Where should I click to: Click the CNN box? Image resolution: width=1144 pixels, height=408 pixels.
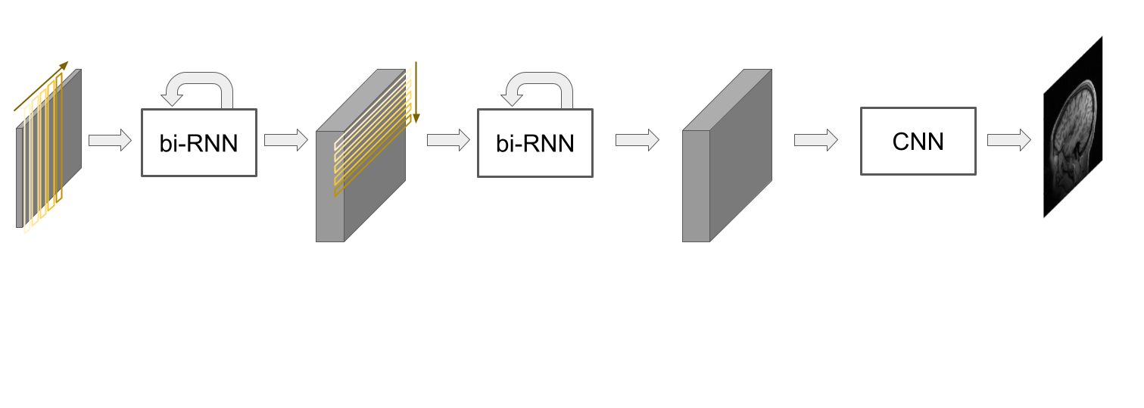(x=918, y=142)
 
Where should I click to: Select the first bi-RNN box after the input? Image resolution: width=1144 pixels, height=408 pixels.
(x=199, y=143)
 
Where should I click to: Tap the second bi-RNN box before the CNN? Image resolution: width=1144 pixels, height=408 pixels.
(x=535, y=143)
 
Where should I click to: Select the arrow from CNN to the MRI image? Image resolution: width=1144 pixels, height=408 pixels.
(x=1008, y=140)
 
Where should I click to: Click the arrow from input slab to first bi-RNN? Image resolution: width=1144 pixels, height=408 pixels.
(x=110, y=141)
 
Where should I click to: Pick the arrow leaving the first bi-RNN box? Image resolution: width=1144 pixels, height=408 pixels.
(x=285, y=140)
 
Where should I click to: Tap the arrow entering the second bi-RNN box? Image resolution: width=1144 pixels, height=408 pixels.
(x=449, y=140)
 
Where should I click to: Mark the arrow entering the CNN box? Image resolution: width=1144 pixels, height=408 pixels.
(x=815, y=140)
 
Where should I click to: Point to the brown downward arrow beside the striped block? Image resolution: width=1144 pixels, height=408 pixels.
(x=416, y=91)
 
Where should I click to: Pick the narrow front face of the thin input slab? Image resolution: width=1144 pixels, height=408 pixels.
(x=19, y=178)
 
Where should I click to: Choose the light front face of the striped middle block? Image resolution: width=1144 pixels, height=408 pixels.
(x=330, y=186)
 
